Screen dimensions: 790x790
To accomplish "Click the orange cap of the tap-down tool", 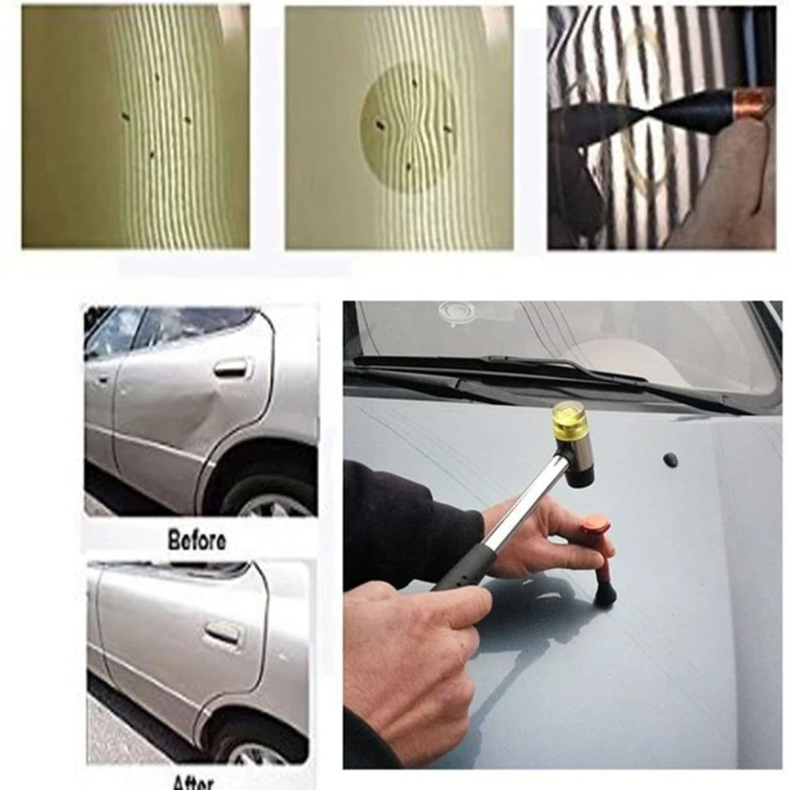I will pyautogui.click(x=595, y=524).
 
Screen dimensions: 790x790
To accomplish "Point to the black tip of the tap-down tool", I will pyautogui.click(x=605, y=593).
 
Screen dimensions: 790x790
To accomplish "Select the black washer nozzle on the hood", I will pyautogui.click(x=671, y=459).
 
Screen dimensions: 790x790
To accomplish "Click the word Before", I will pyautogui.click(x=197, y=541).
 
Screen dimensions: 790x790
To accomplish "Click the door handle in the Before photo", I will pyautogui.click(x=230, y=367).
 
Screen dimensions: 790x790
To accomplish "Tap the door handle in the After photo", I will pyautogui.click(x=223, y=631).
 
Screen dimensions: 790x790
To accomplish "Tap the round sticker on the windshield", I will pyautogui.click(x=459, y=313).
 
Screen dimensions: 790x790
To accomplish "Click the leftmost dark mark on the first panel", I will pyautogui.click(x=125, y=117).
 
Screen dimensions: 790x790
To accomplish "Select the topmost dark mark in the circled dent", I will pyautogui.click(x=414, y=82).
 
